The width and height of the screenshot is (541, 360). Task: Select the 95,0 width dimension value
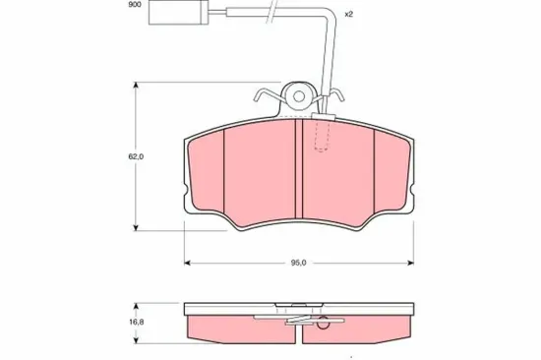click(299, 263)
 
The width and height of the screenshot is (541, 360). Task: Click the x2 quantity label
click(347, 15)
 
